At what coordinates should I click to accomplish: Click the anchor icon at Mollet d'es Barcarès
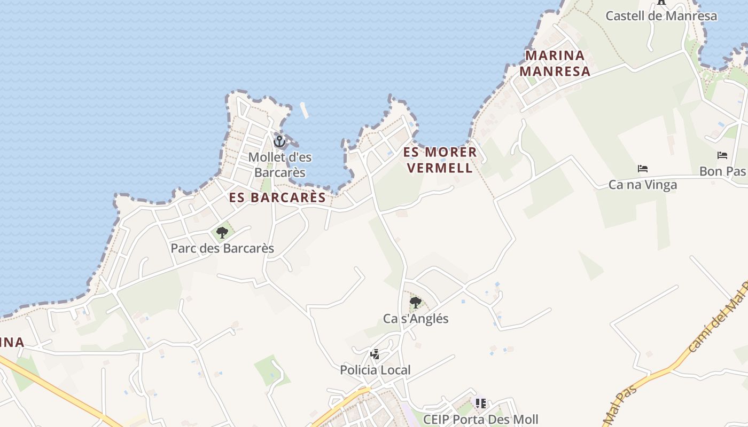(279, 141)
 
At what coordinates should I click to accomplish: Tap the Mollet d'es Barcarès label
(280, 165)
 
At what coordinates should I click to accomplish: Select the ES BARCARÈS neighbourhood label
(277, 197)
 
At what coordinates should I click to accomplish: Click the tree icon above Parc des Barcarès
(222, 233)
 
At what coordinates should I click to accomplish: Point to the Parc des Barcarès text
(222, 249)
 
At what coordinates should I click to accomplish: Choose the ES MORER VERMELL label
(440, 160)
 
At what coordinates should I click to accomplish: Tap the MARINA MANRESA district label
(555, 64)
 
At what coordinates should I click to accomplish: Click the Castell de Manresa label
(661, 16)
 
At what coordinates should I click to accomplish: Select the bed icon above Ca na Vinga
(643, 169)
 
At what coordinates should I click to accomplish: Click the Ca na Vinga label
(643, 185)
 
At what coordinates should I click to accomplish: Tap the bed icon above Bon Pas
(722, 155)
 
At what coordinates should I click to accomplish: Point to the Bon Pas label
(723, 172)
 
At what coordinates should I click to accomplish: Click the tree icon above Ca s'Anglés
(416, 303)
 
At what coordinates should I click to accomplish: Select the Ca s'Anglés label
(416, 319)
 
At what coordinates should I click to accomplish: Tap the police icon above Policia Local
(375, 354)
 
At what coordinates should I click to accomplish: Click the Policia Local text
(375, 370)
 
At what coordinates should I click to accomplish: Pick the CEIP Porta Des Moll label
(480, 420)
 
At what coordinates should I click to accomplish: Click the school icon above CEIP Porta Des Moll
(481, 404)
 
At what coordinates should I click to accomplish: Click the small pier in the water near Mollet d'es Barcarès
(305, 110)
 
